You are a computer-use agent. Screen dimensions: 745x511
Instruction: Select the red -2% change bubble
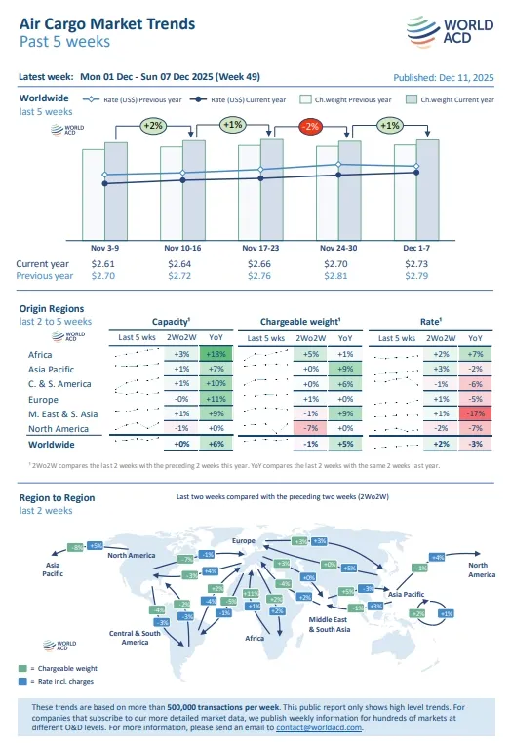point(310,126)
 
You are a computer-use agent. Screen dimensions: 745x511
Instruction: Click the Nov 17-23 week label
point(258,249)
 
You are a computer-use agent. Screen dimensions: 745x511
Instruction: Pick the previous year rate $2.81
point(336,276)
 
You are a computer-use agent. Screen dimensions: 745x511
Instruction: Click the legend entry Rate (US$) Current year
point(239,98)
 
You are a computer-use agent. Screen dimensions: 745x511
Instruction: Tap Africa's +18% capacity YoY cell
point(215,354)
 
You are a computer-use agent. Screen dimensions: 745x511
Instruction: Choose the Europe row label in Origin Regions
point(43,399)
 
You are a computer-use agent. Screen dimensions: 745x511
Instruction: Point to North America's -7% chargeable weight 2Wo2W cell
point(311,428)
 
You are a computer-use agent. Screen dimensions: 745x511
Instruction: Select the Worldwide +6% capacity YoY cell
point(215,444)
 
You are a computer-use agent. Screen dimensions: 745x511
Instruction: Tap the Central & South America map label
point(135,638)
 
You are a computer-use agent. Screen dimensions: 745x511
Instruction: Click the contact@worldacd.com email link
point(319,727)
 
